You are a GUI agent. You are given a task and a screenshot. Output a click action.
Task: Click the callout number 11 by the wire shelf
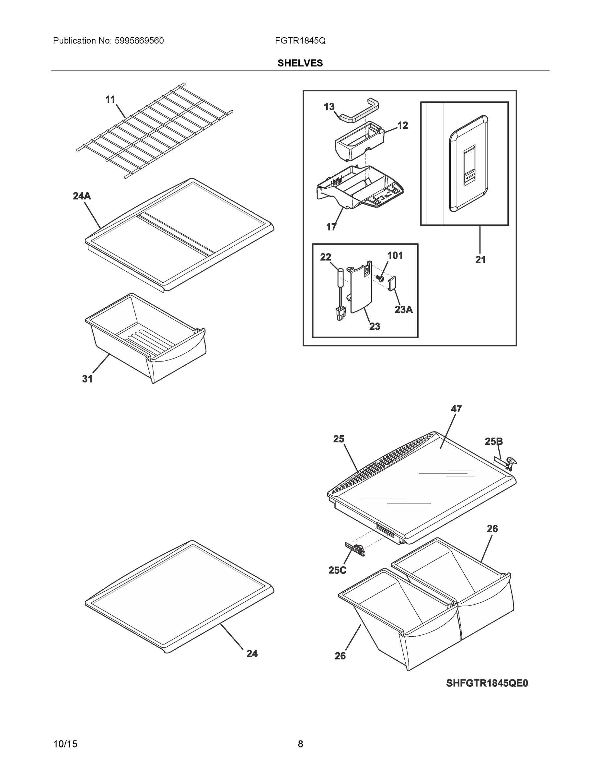point(110,100)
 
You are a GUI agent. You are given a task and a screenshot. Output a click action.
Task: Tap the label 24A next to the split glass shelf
point(82,196)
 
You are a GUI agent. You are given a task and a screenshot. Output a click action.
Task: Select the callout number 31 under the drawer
point(87,379)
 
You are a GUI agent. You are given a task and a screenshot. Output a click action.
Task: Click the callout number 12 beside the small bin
point(402,125)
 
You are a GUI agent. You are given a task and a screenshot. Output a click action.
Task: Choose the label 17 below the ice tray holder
point(331,227)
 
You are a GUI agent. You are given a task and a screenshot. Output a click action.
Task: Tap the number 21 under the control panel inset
point(480,260)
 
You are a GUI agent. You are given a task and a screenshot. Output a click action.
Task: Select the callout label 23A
point(404,310)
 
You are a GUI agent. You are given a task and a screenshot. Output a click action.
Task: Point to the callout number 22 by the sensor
point(325,257)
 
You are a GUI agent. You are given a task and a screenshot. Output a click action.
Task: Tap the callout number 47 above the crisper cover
point(456,409)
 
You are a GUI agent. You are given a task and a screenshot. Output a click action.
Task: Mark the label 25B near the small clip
point(493,442)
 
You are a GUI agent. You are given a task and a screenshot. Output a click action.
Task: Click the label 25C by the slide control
point(337,570)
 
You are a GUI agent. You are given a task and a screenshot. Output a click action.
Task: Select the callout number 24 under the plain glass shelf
point(252,653)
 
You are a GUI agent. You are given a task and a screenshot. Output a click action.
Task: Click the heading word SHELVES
point(300,63)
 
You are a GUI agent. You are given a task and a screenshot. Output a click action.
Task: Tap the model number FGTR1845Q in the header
point(300,41)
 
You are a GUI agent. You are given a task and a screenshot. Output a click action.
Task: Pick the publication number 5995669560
point(139,41)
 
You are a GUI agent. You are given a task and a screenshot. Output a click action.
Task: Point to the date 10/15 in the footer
point(65,744)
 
